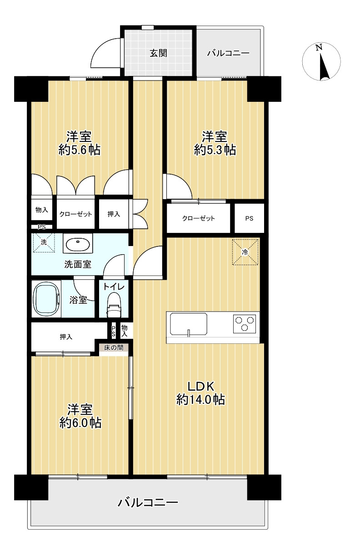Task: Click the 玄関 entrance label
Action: coord(158,53)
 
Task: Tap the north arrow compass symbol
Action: coord(321,61)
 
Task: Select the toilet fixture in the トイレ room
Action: coord(114,304)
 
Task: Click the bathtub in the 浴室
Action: coord(46,298)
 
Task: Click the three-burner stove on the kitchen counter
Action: coord(244,323)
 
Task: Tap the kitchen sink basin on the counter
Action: coord(189,324)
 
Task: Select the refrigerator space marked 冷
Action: coord(245,252)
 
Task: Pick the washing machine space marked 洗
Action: coord(44,242)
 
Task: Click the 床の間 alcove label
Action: coord(114,347)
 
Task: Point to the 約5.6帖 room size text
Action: coord(80,150)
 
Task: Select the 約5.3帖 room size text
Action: coord(215,150)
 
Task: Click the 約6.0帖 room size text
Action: coord(80,423)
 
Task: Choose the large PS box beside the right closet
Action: coord(249,218)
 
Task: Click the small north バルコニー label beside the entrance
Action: coord(228,53)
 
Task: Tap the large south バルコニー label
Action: coord(148,503)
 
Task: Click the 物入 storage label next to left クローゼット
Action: coord(42,210)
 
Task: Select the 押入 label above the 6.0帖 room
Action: coord(66,337)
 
